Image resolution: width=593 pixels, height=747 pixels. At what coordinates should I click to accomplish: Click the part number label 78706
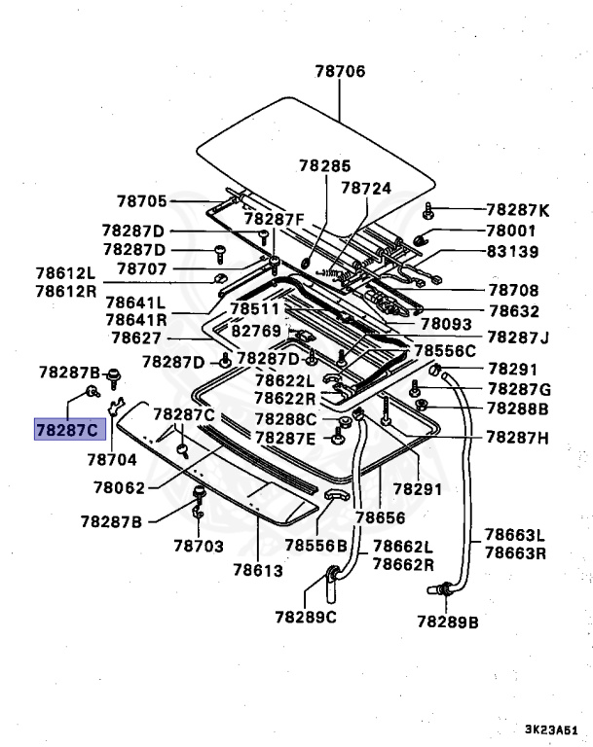[x=340, y=71]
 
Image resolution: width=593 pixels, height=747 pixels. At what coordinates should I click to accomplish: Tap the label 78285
[x=325, y=166]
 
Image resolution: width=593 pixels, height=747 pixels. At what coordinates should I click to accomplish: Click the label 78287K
[x=518, y=209]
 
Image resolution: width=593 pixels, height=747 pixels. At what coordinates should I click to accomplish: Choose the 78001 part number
[x=512, y=231]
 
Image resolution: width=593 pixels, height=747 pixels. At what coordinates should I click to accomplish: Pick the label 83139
[x=512, y=251]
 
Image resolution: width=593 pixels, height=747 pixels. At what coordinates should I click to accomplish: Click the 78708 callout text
[x=512, y=290]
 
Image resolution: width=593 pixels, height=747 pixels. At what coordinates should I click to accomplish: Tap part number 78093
[x=446, y=324]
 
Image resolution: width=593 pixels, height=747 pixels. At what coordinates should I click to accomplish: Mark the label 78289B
[x=448, y=621]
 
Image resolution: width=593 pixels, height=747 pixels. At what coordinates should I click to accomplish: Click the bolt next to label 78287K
[x=428, y=210]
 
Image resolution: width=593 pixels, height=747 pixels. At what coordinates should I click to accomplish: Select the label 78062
[x=120, y=486]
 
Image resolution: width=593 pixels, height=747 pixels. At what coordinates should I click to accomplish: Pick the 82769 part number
[x=255, y=331]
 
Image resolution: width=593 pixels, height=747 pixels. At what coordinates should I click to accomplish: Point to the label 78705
[x=142, y=200]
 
